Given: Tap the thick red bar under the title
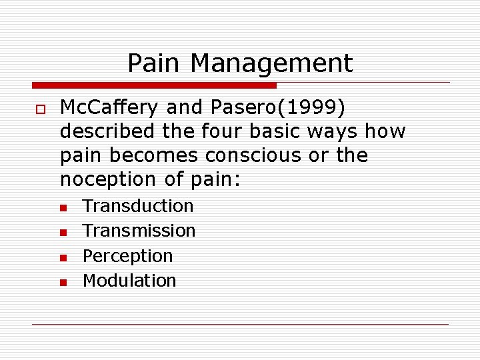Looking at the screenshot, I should point(154,85).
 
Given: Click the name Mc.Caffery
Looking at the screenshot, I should point(110,108).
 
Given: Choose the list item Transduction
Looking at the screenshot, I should point(138,206).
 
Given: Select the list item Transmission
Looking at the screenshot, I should point(139,231).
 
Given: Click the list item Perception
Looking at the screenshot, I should point(127,256).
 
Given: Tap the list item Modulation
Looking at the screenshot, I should point(129,281).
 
